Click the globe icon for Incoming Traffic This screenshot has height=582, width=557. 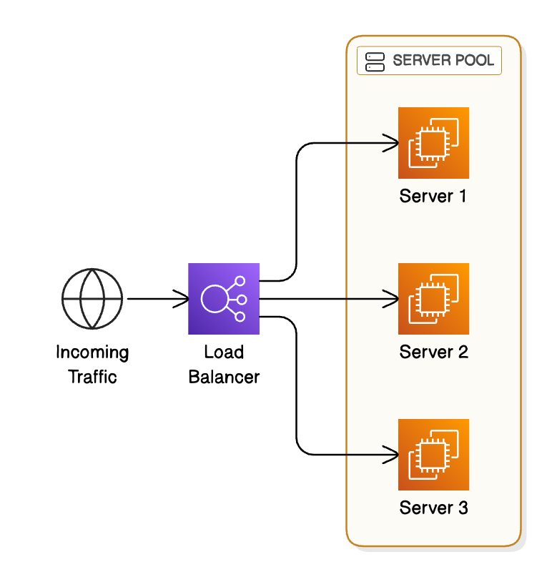(92, 299)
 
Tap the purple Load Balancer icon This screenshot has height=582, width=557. (224, 299)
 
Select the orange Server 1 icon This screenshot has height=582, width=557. (433, 143)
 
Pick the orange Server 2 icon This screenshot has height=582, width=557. (433, 299)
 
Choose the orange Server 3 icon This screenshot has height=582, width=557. (433, 455)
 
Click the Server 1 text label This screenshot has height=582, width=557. (433, 196)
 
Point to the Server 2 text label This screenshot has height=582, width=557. (433, 352)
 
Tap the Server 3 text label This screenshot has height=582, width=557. (433, 508)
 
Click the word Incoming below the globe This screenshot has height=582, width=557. (92, 352)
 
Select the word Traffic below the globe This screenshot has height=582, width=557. (92, 377)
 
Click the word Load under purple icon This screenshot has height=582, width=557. (224, 352)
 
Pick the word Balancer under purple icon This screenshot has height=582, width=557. (224, 377)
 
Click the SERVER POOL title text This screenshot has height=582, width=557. (443, 61)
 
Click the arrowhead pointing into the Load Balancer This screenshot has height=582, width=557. (182, 299)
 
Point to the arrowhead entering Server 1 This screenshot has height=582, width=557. (392, 143)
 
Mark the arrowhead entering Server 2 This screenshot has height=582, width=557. (392, 299)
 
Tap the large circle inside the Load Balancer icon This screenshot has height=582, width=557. (215, 299)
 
